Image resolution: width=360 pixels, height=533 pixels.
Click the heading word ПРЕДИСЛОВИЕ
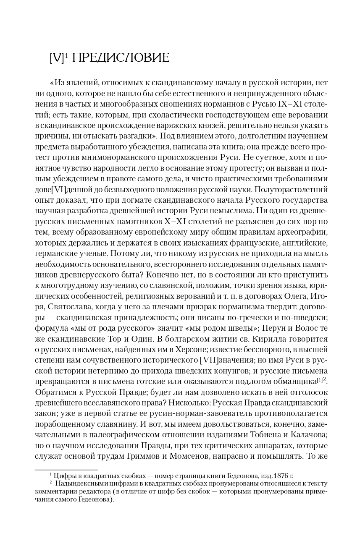tap(121, 58)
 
